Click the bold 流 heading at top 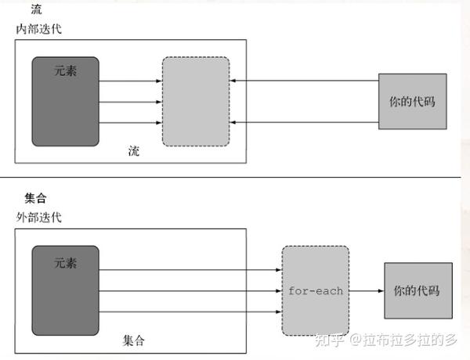click(36, 9)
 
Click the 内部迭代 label click(38, 29)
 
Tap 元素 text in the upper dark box click(65, 71)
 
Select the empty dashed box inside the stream click(196, 102)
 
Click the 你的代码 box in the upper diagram click(413, 102)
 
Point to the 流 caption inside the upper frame click(134, 151)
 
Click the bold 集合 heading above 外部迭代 click(36, 198)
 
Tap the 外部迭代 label click(38, 217)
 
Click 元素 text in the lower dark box click(65, 263)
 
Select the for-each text click(316, 291)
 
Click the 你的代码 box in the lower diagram click(418, 291)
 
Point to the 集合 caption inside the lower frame click(134, 340)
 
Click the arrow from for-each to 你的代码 click(367, 291)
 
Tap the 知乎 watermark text click(329, 340)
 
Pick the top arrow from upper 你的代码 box click(304, 81)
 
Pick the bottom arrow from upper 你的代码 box click(304, 122)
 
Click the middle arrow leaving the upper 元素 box click(130, 102)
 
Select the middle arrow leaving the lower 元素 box click(190, 291)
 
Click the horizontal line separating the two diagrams click(230, 178)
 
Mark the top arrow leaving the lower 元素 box click(190, 270)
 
